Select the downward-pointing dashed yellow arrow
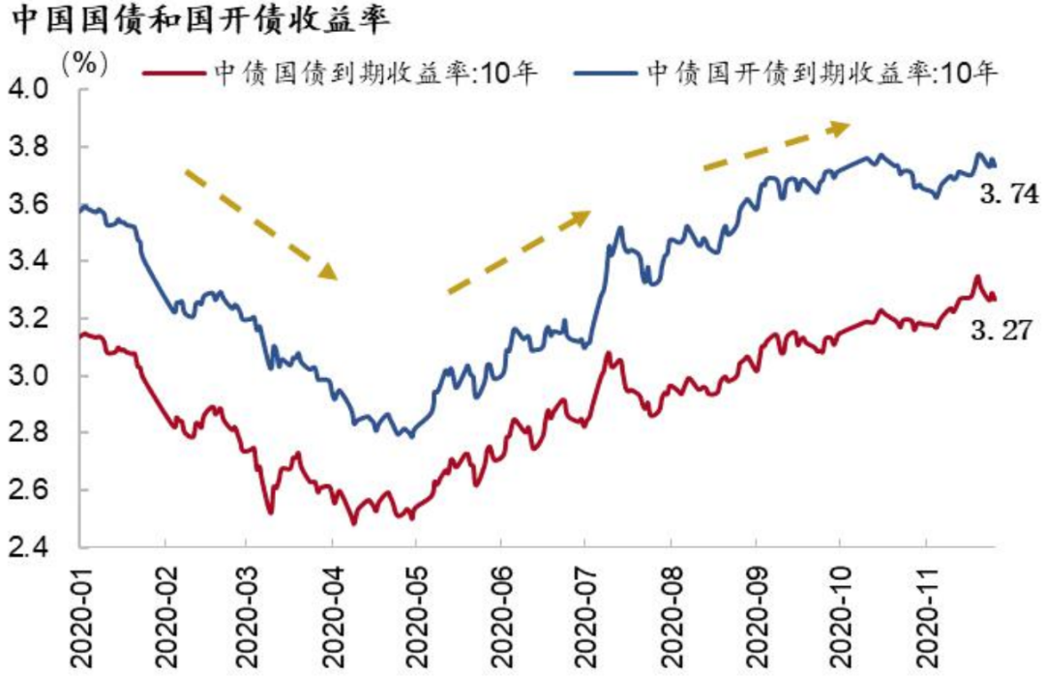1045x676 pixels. (260, 223)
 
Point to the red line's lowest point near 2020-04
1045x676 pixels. (353, 523)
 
